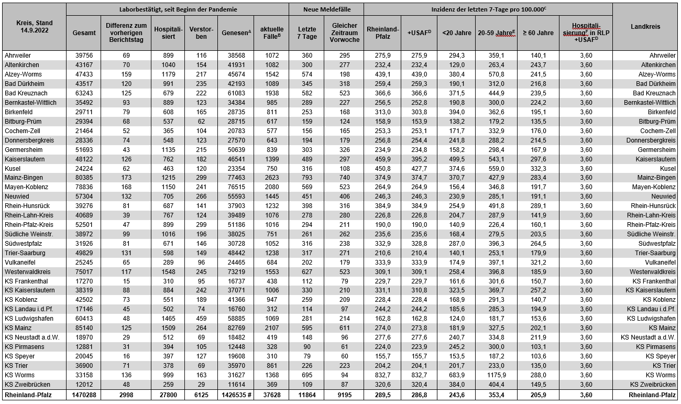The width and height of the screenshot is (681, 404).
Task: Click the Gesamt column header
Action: click(84, 32)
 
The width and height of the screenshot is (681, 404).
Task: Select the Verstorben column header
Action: click(202, 32)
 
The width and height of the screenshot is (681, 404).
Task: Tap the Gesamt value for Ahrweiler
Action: click(84, 56)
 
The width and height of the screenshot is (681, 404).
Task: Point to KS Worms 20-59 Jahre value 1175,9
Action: click(496, 375)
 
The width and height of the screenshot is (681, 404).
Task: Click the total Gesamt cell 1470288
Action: click(84, 395)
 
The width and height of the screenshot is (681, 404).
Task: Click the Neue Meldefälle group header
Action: click(326, 9)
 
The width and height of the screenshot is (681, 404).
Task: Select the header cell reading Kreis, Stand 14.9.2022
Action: click(34, 26)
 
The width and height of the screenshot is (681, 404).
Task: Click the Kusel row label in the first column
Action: click(12, 168)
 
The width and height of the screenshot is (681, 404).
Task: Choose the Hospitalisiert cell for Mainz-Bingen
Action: click(168, 178)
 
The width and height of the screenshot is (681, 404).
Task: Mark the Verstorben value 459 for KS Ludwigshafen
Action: click(202, 319)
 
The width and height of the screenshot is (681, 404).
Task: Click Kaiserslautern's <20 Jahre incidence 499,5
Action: click(456, 159)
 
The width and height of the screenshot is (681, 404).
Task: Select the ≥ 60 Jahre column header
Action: click(539, 32)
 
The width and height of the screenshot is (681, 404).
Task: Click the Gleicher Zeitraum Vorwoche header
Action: click(344, 32)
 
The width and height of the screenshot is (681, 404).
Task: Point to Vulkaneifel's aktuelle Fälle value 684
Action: click(271, 262)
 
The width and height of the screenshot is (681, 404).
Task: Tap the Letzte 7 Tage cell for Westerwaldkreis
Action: click(306, 271)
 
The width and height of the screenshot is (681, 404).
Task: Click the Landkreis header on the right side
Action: click(645, 26)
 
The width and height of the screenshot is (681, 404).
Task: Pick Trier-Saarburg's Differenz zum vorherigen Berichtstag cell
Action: click(126, 253)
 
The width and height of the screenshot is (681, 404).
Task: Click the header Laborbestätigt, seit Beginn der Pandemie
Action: click(178, 9)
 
